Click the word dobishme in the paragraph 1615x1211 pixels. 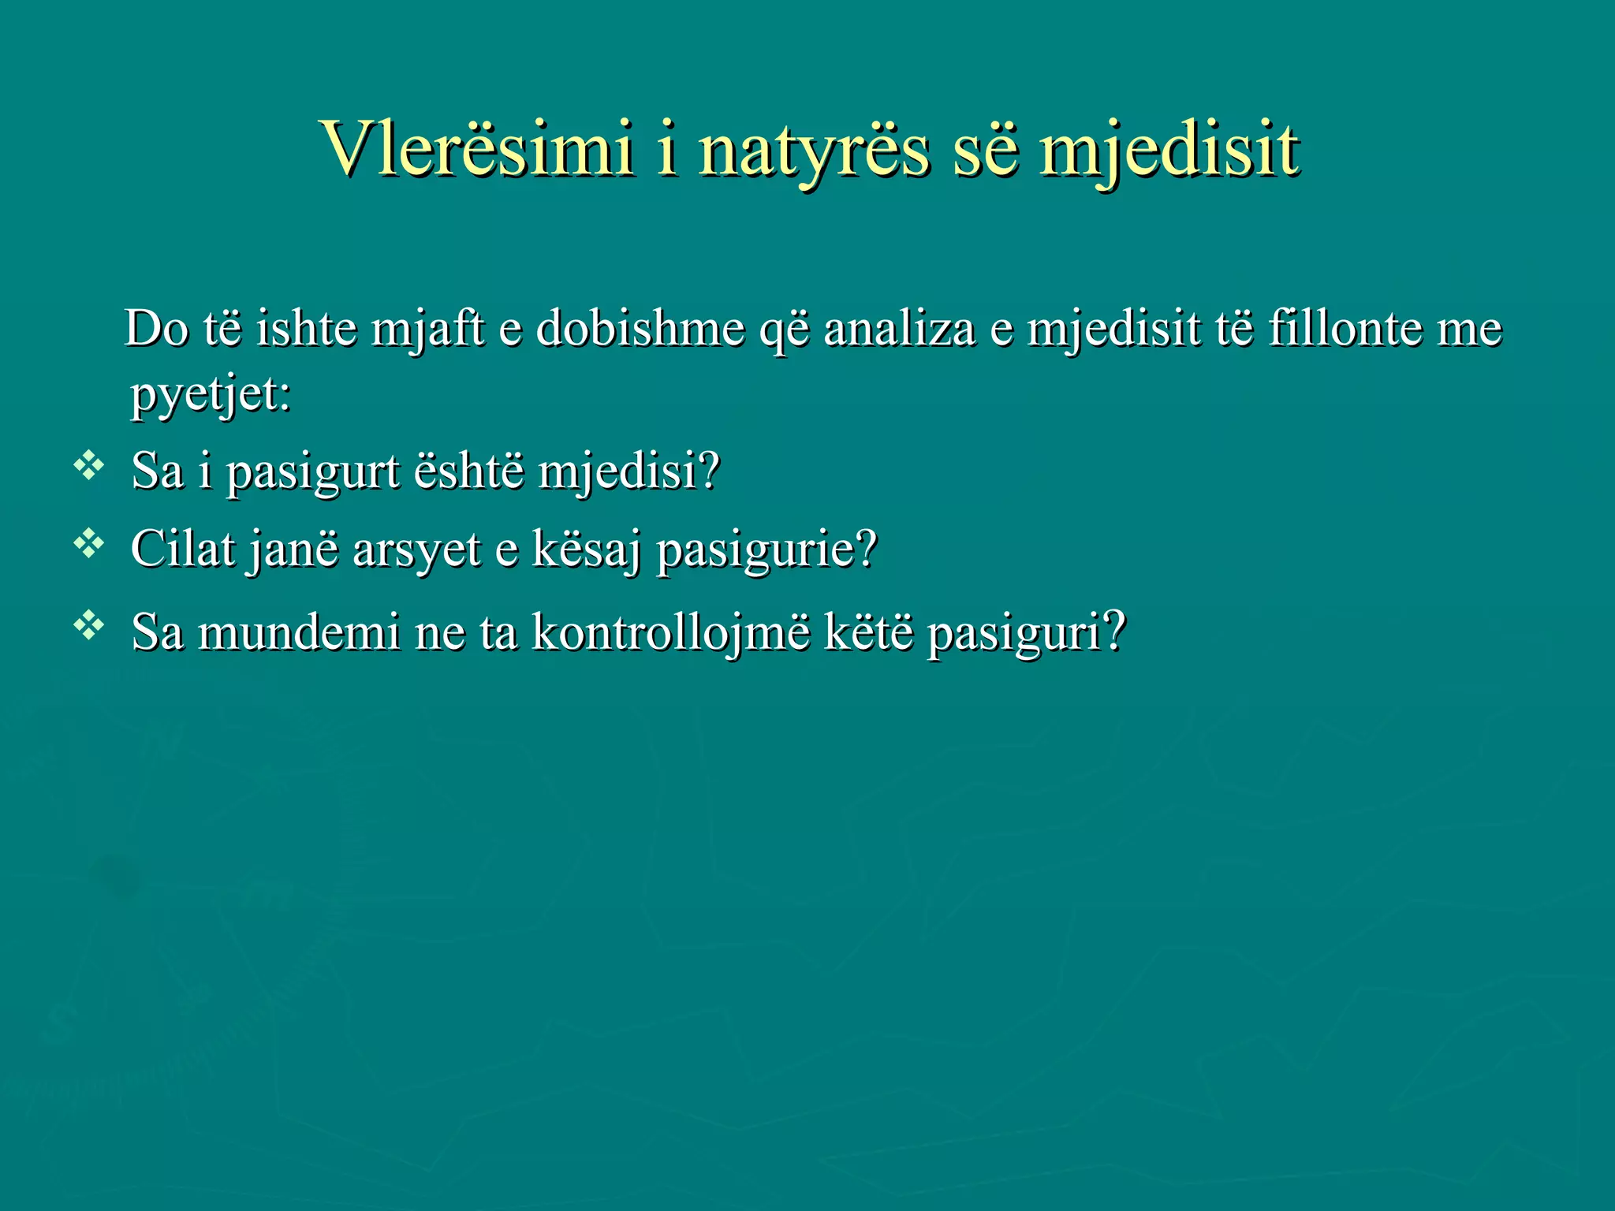640,328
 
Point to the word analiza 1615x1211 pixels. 899,328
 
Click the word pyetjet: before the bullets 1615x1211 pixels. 211,394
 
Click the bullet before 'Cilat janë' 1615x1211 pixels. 88,543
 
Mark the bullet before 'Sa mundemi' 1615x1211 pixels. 88,626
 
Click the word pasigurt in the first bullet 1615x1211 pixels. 313,473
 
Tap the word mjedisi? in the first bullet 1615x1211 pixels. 628,473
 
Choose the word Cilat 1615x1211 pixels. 182,549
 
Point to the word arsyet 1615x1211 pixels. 416,550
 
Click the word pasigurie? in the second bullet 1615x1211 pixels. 766,550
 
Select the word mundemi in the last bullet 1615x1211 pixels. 298,632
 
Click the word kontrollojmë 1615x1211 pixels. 670,632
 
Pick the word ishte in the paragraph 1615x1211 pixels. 306,328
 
